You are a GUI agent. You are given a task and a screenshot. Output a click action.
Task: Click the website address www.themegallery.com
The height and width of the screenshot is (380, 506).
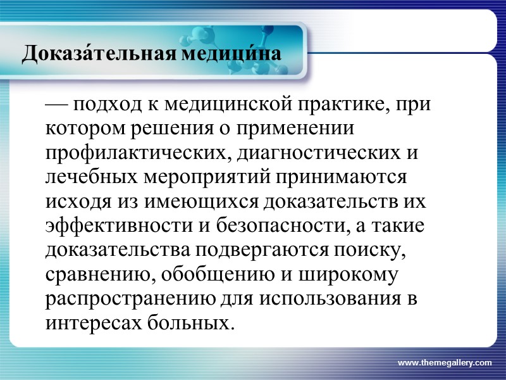pos(444,362)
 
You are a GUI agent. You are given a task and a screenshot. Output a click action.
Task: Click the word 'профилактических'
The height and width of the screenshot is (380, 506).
pos(125,153)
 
